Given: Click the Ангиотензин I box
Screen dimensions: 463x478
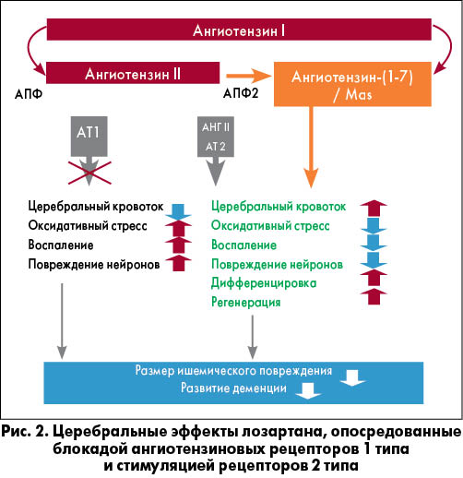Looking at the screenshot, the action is coord(239,30).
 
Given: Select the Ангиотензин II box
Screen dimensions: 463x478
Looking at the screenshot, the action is coord(133,73).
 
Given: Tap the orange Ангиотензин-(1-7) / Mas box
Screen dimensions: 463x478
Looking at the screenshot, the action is coord(352,84).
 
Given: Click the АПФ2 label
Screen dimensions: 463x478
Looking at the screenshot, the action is coord(241,93).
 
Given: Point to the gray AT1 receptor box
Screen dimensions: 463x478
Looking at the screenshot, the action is coord(89,137).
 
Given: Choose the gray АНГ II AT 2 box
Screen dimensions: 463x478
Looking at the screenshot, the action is coord(216,137).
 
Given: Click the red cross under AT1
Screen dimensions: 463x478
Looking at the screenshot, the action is coord(89,173).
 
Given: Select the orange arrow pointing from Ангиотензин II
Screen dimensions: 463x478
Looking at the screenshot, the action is coord(248,76).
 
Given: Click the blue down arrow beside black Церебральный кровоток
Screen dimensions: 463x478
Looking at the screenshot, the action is coord(178,212).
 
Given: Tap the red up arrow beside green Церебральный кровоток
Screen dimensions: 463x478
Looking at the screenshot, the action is coord(374,209).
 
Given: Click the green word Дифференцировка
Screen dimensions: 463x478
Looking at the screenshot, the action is coord(264,283).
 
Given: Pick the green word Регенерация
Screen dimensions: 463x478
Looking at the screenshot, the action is coord(246,302).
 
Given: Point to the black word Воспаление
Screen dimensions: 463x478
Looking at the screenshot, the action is coord(61,245).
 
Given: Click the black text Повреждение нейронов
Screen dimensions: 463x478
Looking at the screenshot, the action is coord(94,264).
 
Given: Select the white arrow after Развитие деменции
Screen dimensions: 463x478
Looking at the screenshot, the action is coord(308,390).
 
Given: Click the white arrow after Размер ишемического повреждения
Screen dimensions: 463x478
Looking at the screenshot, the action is coord(352,377).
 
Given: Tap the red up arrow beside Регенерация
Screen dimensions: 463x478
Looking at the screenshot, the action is coord(374,296).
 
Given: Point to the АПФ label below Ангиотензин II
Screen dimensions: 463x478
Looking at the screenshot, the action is coord(29,94).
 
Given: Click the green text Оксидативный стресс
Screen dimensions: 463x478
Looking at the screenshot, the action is coord(270,226).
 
